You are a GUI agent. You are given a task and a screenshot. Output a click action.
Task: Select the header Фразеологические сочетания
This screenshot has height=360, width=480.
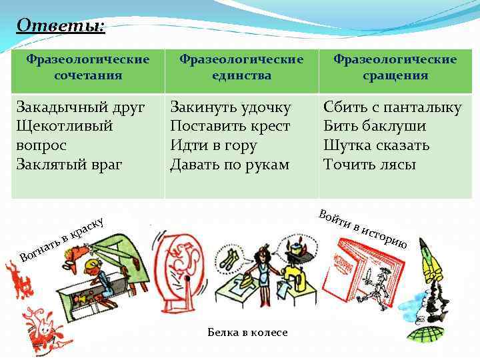click(x=88, y=67)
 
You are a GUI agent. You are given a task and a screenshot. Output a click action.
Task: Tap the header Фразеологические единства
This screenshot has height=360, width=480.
click(x=241, y=67)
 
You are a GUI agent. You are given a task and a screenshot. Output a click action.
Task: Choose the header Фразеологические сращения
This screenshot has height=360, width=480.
click(x=395, y=67)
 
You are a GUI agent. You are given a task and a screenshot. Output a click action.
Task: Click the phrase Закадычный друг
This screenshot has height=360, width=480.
click(x=80, y=107)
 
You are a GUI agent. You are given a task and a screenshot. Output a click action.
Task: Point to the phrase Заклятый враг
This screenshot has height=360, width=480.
click(x=69, y=164)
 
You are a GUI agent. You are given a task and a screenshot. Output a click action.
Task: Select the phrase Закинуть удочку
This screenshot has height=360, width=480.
click(x=230, y=107)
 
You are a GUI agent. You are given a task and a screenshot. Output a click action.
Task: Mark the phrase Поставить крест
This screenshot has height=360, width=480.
click(x=230, y=126)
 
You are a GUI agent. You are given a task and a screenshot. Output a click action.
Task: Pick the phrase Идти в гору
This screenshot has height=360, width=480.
click(x=213, y=145)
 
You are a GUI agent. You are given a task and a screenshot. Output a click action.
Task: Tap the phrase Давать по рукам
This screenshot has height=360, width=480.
click(x=229, y=164)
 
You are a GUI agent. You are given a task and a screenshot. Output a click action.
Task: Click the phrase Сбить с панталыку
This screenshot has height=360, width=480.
click(x=392, y=107)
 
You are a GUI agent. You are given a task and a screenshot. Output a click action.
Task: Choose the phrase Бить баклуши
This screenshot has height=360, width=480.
click(x=375, y=126)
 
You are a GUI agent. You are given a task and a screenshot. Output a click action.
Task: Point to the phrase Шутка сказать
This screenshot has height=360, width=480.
click(x=376, y=145)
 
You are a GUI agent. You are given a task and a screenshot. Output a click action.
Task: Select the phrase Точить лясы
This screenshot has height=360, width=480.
click(x=369, y=164)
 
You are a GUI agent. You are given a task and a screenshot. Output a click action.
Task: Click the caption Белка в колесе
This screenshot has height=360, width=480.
click(x=247, y=332)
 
